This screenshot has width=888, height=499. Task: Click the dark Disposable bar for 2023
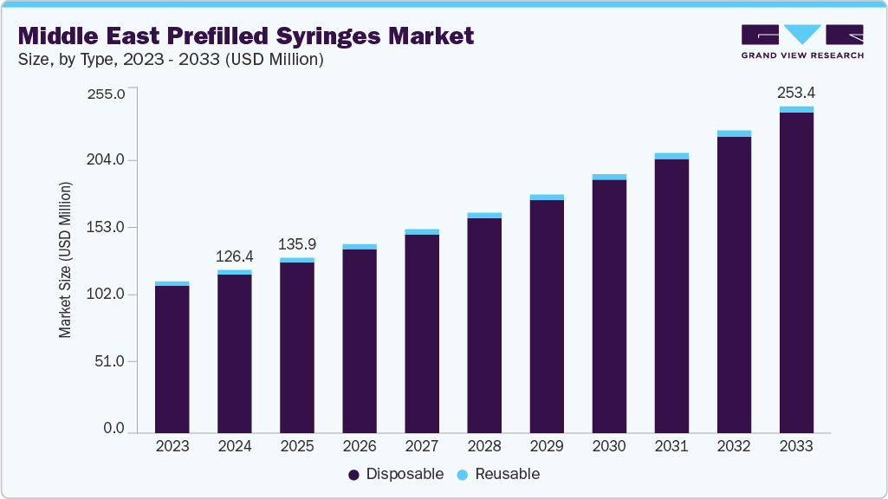coord(172,358)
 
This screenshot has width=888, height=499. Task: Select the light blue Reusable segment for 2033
coord(796,109)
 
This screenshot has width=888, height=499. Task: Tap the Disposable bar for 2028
coord(484,324)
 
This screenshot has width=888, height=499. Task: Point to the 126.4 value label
coord(235,256)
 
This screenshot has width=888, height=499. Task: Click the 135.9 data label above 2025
coord(297,244)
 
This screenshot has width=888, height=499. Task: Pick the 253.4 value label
coord(796,93)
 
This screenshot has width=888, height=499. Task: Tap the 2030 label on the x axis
coord(609,446)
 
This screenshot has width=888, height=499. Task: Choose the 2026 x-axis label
coord(360,446)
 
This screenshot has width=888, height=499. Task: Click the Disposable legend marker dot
coord(353,475)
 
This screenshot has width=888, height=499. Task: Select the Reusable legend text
coord(506,474)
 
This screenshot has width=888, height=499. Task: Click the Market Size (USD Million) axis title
coord(65,260)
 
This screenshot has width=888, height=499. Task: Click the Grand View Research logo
coord(801,41)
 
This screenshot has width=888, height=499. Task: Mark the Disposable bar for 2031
coord(671,295)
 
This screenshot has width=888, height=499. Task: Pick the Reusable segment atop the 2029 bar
coord(547,198)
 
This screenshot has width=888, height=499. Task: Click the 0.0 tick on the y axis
coord(115,429)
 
